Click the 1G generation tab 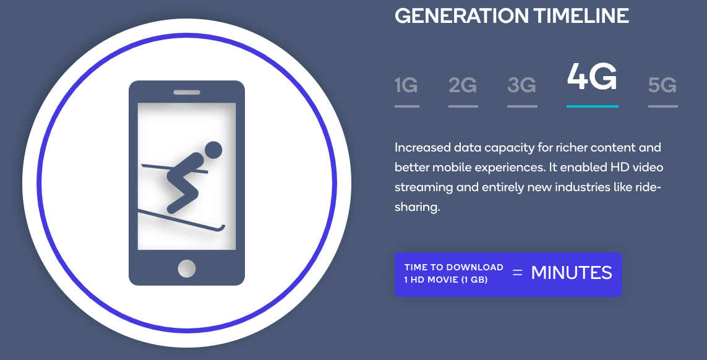point(406,85)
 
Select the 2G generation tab point(463,85)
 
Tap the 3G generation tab point(521,85)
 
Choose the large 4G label point(592,76)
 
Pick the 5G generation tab point(662,85)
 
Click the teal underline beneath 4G point(593,106)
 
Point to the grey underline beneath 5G point(663,106)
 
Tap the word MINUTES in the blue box point(572,273)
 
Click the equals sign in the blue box point(517,273)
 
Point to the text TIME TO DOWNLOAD point(453,267)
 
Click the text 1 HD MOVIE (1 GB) point(446,280)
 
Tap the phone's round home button point(187,268)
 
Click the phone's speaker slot point(187,93)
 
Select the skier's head point(213,151)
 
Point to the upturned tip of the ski point(222,228)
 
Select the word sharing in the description point(417,207)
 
